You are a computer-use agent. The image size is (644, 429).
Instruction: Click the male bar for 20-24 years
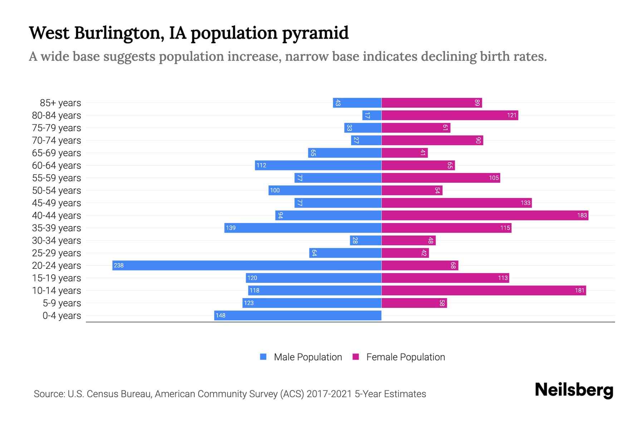[247, 265]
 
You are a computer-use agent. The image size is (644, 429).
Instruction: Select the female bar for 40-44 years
[485, 215]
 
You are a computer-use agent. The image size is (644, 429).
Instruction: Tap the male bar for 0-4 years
[298, 315]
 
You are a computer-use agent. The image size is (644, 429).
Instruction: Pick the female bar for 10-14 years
[484, 290]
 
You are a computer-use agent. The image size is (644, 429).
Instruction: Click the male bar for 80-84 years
[372, 115]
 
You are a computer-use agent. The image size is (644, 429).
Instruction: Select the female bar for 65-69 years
[404, 153]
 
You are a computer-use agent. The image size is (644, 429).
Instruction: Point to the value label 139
[231, 228]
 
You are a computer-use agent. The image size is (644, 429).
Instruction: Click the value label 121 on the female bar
[512, 115]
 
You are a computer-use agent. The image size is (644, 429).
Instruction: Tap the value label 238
[119, 265]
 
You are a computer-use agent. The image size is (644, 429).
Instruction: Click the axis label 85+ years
[60, 103]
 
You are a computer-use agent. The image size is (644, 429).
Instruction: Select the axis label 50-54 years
[57, 191]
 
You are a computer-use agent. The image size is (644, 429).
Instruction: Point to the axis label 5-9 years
[62, 303]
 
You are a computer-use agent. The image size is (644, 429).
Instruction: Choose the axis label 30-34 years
[57, 241]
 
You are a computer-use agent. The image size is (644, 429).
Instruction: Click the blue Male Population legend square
[263, 357]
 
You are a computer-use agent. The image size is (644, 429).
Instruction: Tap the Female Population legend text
[405, 357]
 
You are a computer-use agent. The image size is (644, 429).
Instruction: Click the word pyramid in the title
[315, 33]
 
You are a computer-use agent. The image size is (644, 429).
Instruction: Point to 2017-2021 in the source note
[329, 394]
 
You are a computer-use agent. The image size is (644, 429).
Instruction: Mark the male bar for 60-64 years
[318, 165]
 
